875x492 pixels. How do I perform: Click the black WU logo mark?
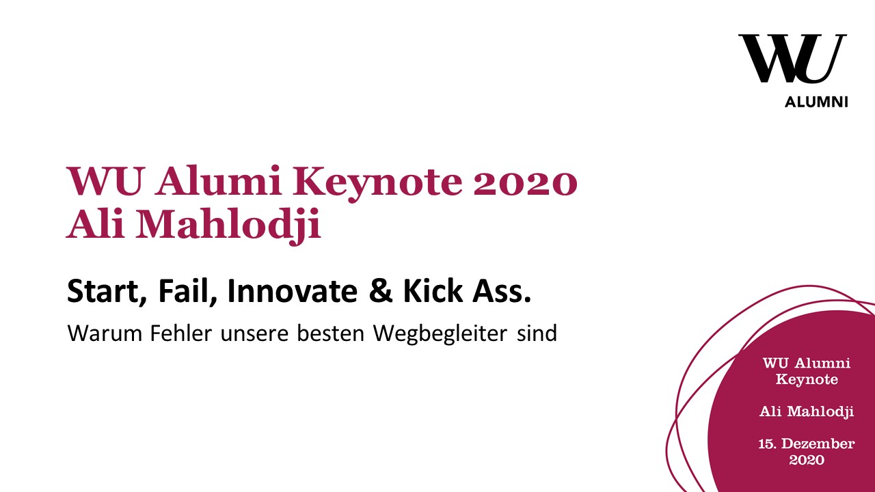[792, 59]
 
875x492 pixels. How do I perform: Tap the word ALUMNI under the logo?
[816, 102]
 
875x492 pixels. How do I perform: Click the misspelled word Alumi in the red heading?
[218, 181]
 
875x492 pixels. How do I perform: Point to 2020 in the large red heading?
[526, 182]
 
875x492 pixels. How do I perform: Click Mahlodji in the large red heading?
[228, 225]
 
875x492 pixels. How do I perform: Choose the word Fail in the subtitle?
[187, 291]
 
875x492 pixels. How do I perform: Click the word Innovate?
[292, 291]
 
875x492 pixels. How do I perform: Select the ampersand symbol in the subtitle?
[381, 291]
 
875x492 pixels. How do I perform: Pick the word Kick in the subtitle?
[433, 291]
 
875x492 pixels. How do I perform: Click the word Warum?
[105, 333]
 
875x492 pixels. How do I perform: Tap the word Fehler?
[181, 333]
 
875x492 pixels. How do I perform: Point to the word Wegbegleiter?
[440, 334]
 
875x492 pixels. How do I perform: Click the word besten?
[330, 333]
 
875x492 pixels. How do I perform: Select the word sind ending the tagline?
[537, 333]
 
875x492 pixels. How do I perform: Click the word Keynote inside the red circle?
[807, 379]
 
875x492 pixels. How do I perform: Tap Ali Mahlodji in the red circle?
[807, 411]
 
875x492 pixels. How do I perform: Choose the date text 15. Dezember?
[807, 443]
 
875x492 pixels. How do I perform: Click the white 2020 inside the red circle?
[807, 460]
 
